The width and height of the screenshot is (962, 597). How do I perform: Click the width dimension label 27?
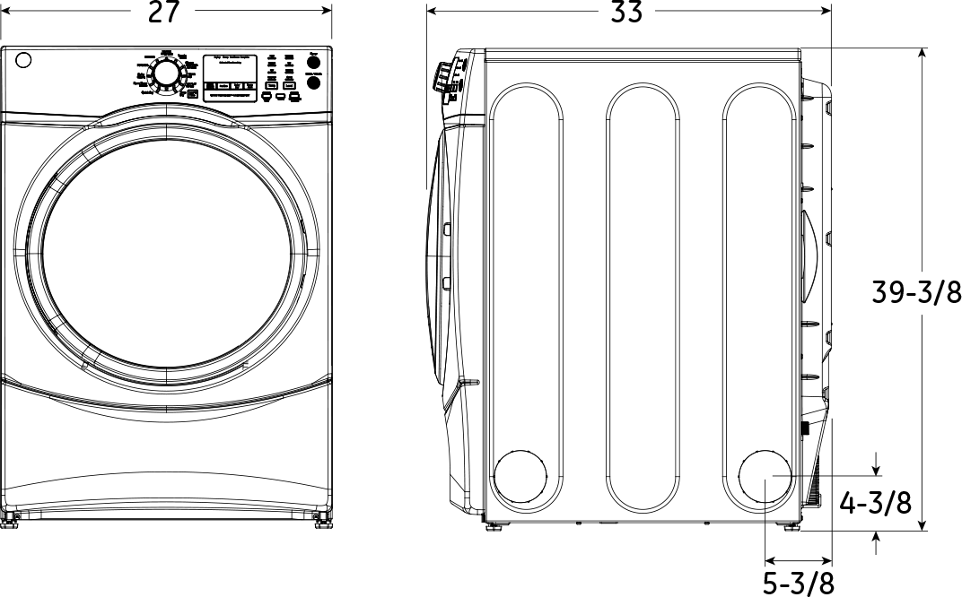167,12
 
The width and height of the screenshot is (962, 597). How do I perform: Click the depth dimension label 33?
627,12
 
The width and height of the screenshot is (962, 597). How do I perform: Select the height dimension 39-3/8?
916,292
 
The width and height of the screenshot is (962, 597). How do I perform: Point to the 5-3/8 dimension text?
798,583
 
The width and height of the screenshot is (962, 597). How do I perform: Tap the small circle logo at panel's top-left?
23,61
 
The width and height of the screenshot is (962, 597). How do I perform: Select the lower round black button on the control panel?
313,82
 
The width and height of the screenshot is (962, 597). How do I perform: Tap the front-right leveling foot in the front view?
320,519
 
